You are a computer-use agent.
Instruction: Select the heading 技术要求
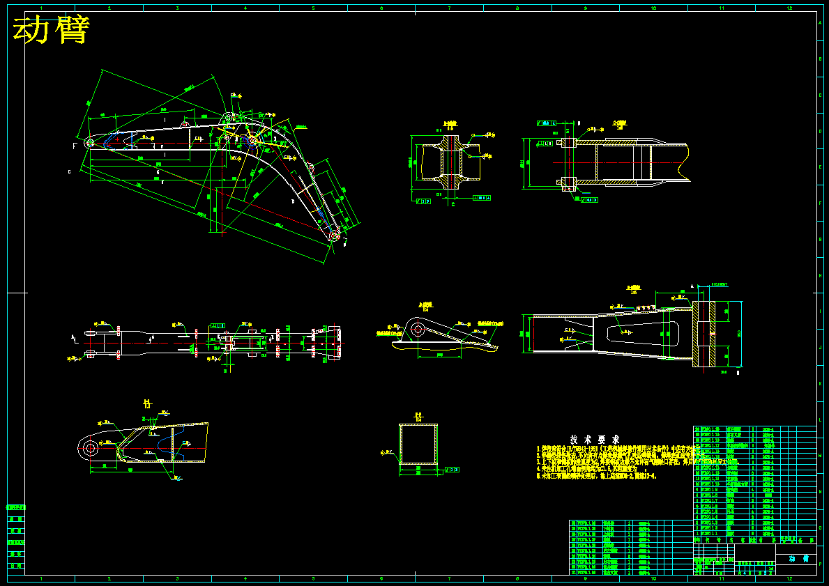(595, 440)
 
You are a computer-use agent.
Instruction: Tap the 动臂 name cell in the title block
(796, 559)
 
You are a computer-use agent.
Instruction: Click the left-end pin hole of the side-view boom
(89, 142)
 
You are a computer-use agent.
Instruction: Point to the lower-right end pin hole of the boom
(335, 237)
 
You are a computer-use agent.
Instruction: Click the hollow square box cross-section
(418, 443)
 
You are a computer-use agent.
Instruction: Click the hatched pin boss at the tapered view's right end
(704, 334)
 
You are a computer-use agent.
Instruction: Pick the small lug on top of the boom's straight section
(185, 123)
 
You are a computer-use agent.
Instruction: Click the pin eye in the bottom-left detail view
(89, 448)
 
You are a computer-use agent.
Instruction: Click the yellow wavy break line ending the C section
(688, 162)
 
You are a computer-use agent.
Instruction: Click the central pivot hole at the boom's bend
(227, 139)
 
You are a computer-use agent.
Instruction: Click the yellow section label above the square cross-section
(418, 416)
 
